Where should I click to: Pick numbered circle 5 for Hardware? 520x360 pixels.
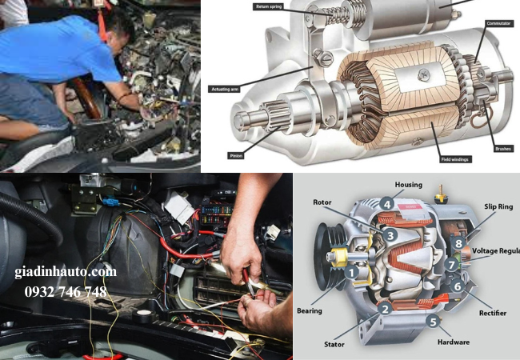(x=433, y=322)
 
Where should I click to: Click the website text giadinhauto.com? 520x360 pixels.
(x=65, y=272)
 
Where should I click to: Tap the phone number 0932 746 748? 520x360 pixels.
(x=66, y=292)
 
